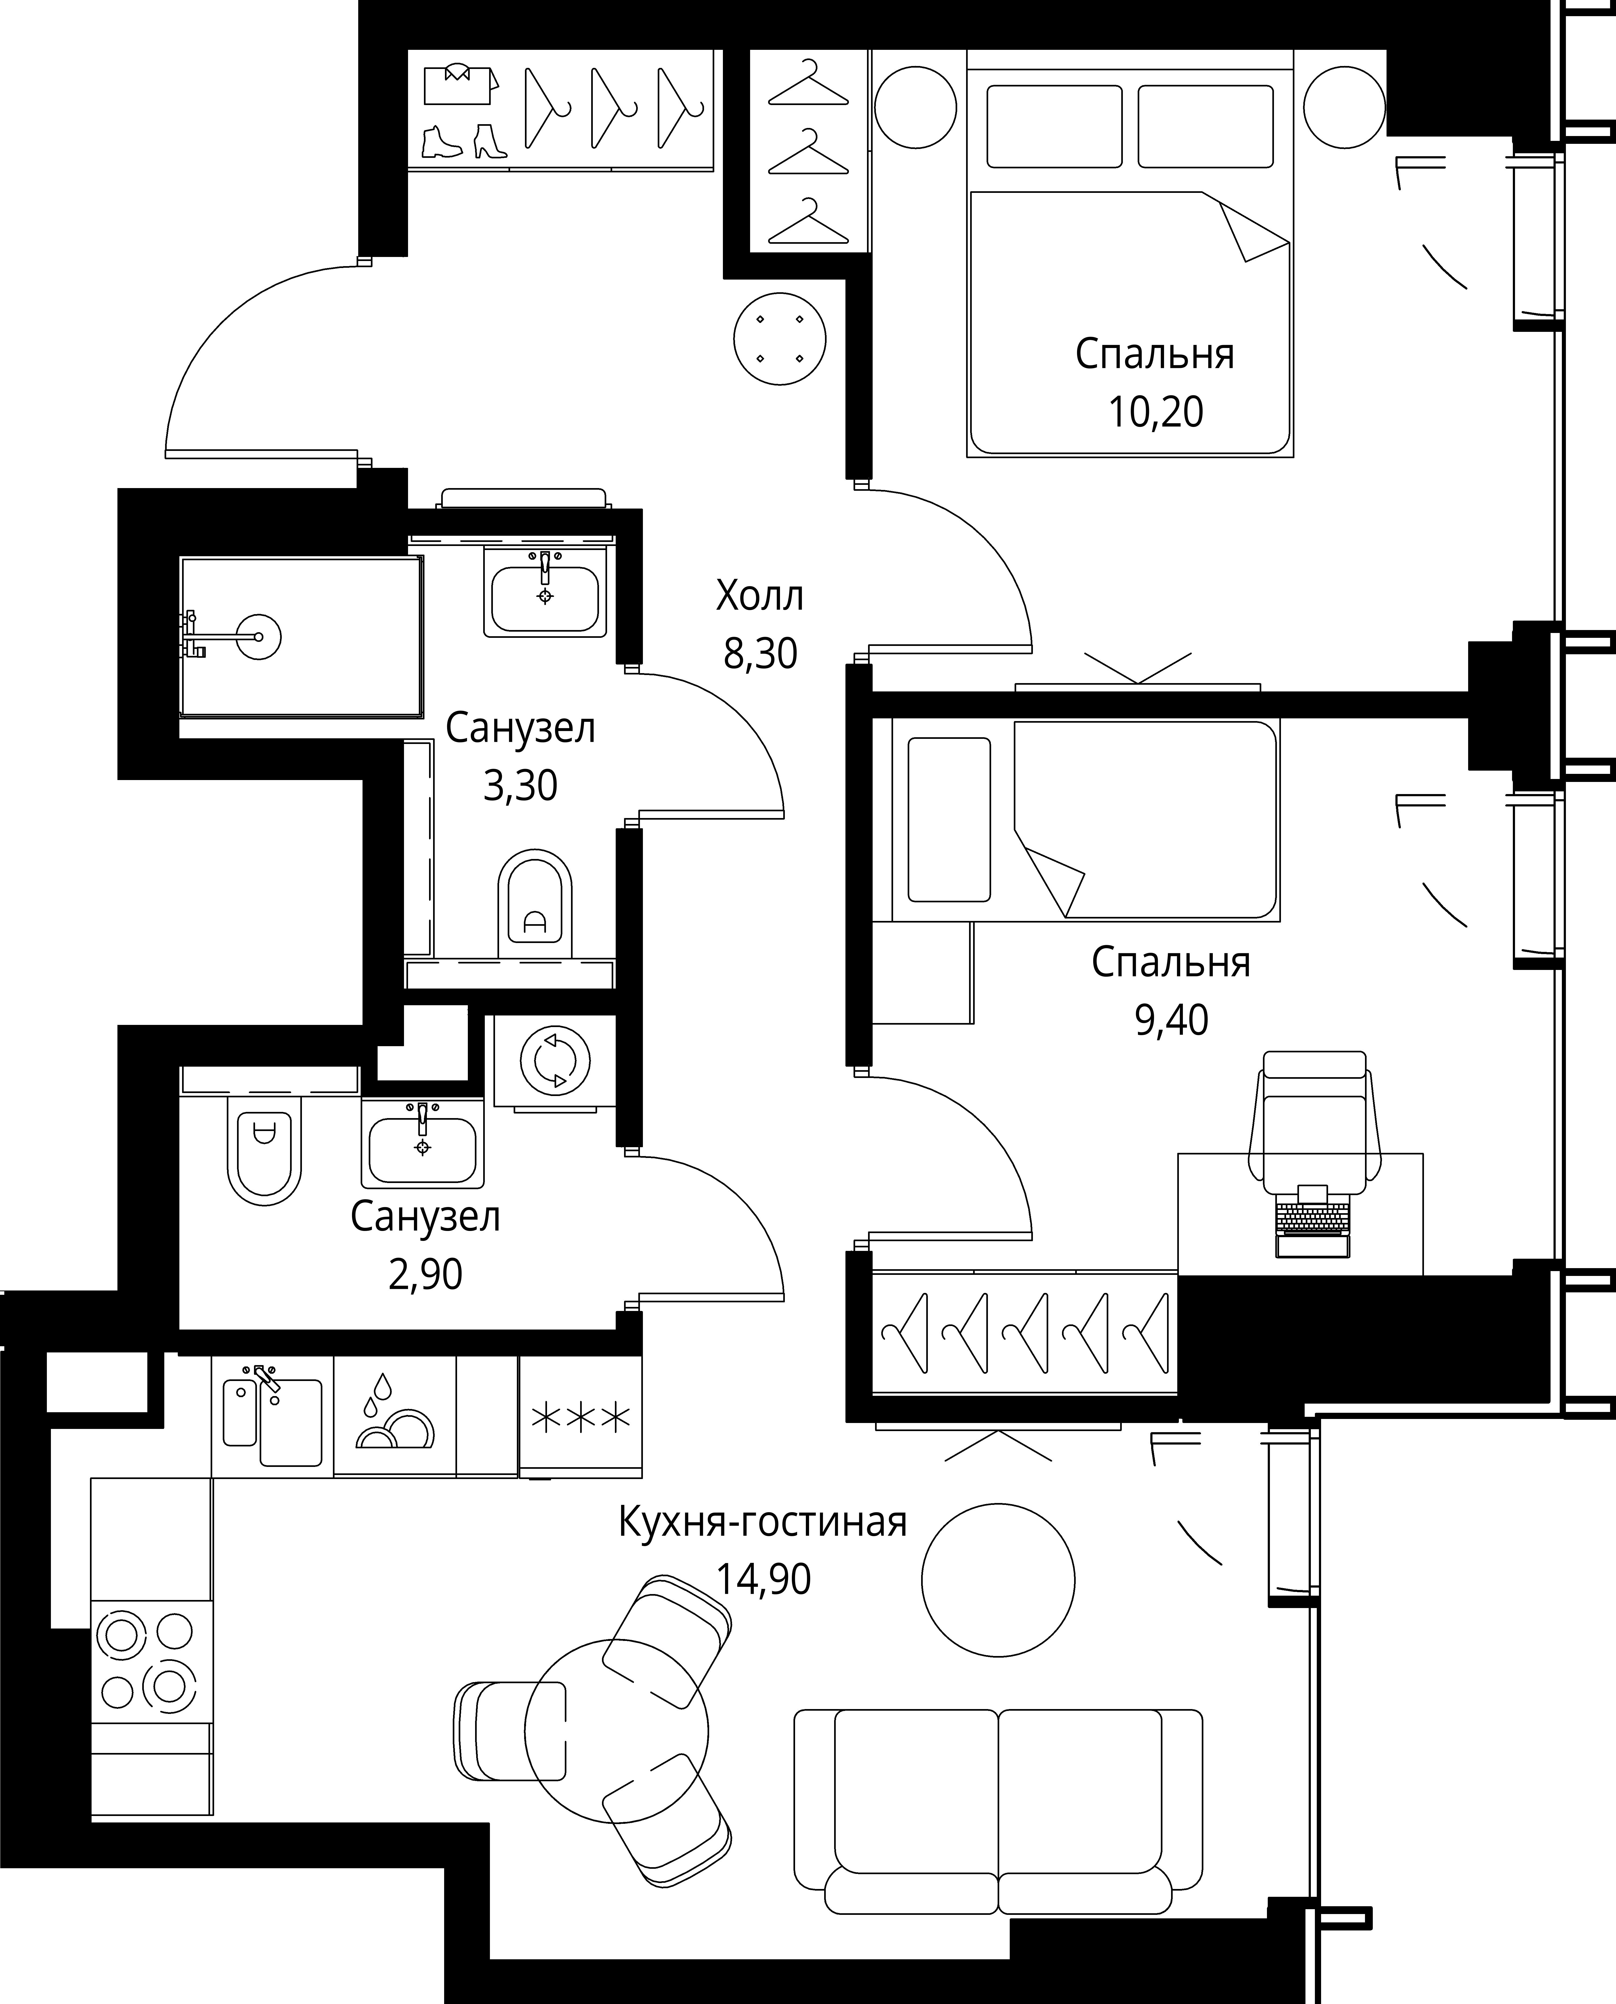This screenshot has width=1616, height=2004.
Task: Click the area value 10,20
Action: (x=1155, y=411)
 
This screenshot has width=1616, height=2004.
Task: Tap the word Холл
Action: (x=760, y=596)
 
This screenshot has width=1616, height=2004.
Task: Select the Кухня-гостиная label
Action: (x=762, y=1522)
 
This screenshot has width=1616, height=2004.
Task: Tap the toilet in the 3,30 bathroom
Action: (x=535, y=903)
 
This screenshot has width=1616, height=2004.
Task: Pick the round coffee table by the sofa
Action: (x=998, y=1579)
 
